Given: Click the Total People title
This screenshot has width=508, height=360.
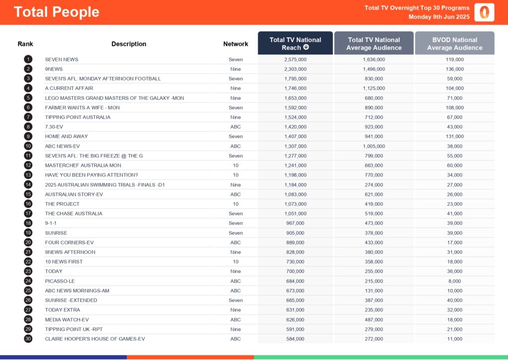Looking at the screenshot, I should point(57,12).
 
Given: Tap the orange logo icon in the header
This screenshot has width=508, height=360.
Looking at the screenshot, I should point(484,12).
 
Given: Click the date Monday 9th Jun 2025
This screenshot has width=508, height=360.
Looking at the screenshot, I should point(439,17).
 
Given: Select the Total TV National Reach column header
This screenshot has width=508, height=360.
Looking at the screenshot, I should point(295,43).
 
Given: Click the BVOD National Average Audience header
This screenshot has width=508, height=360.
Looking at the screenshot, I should point(454,43).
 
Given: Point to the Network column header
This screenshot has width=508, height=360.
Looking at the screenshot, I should point(236,44).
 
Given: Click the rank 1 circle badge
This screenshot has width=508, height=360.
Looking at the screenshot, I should point(28,59).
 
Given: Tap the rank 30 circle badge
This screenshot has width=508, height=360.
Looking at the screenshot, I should point(28,339).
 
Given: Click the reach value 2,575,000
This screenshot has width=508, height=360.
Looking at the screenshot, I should point(295,59).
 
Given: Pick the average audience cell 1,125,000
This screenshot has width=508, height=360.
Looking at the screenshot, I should point(374,88).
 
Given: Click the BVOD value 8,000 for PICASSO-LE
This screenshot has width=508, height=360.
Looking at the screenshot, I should point(454,281).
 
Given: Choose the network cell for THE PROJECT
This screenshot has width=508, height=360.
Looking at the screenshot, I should point(236,204).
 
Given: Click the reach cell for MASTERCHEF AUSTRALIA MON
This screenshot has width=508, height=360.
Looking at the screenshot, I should point(295,165).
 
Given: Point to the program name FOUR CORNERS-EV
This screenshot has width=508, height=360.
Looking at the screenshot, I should point(69,242).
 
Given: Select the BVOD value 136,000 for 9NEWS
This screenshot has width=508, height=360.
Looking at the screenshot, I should point(454,69).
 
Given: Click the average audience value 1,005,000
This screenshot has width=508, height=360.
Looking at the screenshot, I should point(374,146).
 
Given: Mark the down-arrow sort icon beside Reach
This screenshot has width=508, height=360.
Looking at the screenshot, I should point(306,48).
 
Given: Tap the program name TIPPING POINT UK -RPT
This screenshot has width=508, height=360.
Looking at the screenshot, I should point(73,329).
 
